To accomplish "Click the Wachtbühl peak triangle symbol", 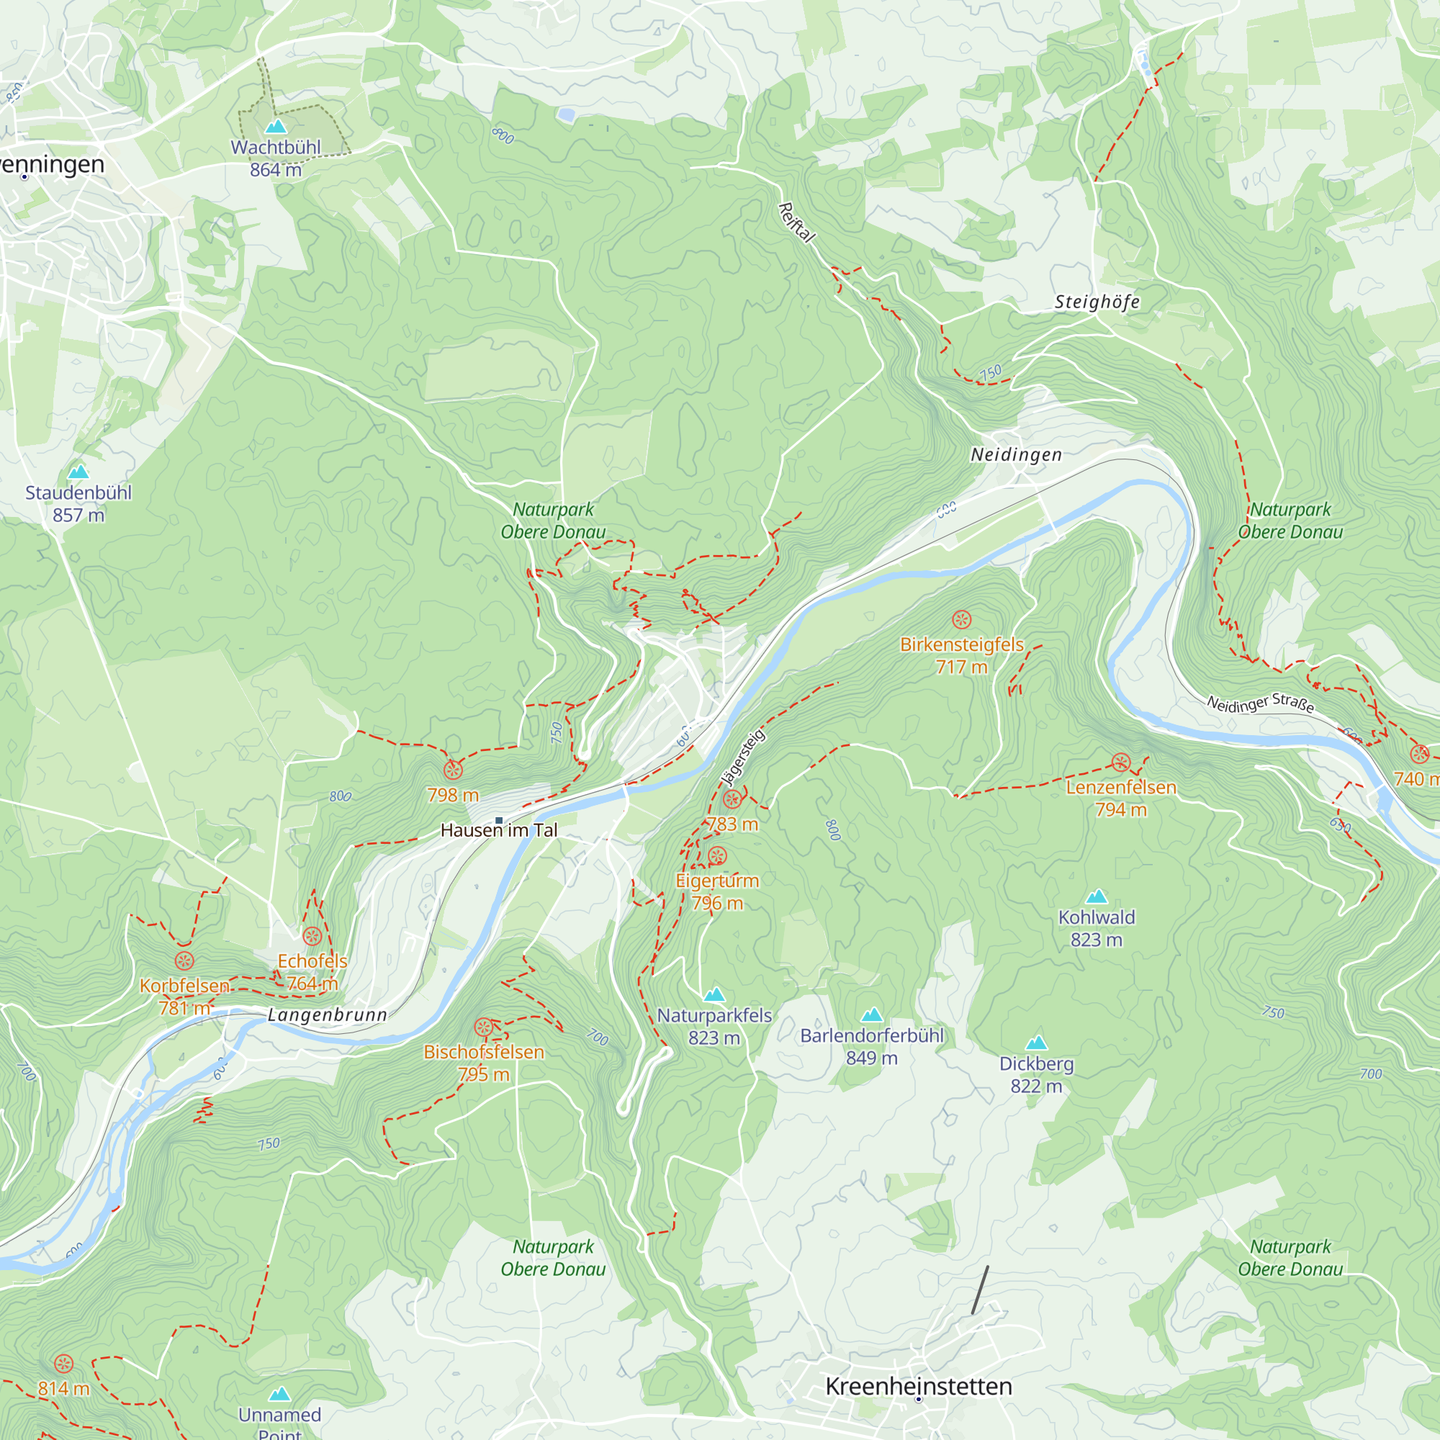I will point(276,126).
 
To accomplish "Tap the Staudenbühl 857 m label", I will point(78,503).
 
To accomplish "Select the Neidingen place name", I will point(1016,454).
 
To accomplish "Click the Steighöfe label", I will point(1097,302).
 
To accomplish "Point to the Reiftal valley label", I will point(797,222).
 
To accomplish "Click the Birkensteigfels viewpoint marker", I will point(961,619).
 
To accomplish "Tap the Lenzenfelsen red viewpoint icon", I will point(1121,762).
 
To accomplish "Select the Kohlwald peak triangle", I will point(1097,896).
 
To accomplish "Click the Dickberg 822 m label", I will point(1036,1074).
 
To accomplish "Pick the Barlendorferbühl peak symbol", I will point(872,1014).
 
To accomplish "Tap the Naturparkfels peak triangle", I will point(714,994).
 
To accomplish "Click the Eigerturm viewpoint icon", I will point(717,855).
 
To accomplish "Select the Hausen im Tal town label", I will point(499,829).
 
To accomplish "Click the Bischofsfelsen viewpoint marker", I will point(484,1028).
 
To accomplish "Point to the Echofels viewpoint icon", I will point(312,936).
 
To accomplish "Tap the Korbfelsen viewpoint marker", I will point(184,960).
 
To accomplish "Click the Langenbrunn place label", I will point(327,1014).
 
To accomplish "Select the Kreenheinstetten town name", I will point(918,1385).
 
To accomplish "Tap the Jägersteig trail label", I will point(742,758).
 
